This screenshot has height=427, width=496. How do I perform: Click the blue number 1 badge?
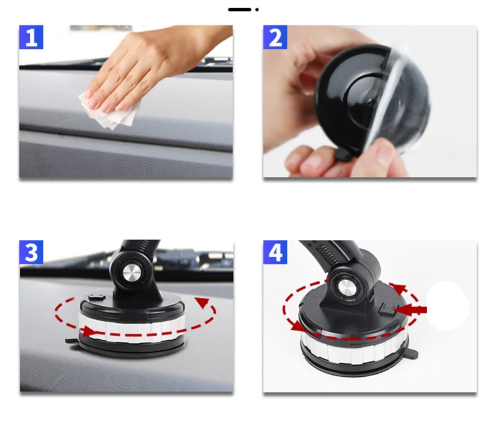click(x=31, y=37)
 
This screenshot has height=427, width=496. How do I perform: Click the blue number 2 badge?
click(x=275, y=37)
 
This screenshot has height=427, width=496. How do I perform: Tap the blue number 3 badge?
click(x=31, y=252)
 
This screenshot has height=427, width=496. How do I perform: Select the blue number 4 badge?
click(x=275, y=252)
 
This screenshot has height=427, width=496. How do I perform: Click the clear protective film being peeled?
click(x=398, y=100)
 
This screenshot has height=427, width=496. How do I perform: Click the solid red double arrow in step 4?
click(x=410, y=310)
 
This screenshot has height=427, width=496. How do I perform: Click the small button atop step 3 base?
click(x=97, y=297)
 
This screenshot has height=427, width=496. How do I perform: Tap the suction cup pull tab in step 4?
click(x=412, y=353)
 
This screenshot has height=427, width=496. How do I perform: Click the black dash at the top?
click(x=239, y=9)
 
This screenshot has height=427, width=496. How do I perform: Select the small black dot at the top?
click(x=257, y=9)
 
